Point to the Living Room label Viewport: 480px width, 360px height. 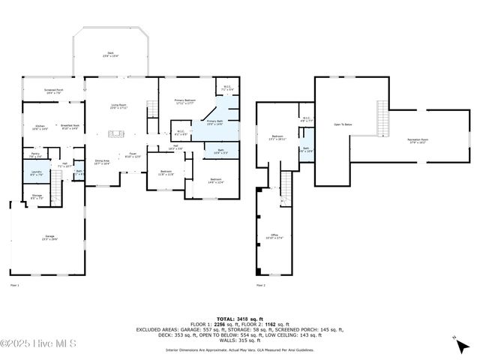tap(119, 106)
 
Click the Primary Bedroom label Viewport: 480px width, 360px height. tap(185, 102)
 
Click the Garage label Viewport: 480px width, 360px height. tap(49, 238)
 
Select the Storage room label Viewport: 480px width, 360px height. tap(37, 196)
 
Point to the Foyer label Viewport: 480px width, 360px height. tap(132, 155)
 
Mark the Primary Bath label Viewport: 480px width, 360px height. tap(214, 122)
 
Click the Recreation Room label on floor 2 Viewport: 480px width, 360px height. tap(418, 140)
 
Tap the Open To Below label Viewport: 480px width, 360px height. tap(343, 124)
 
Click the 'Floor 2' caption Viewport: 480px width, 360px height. tap(261, 286)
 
